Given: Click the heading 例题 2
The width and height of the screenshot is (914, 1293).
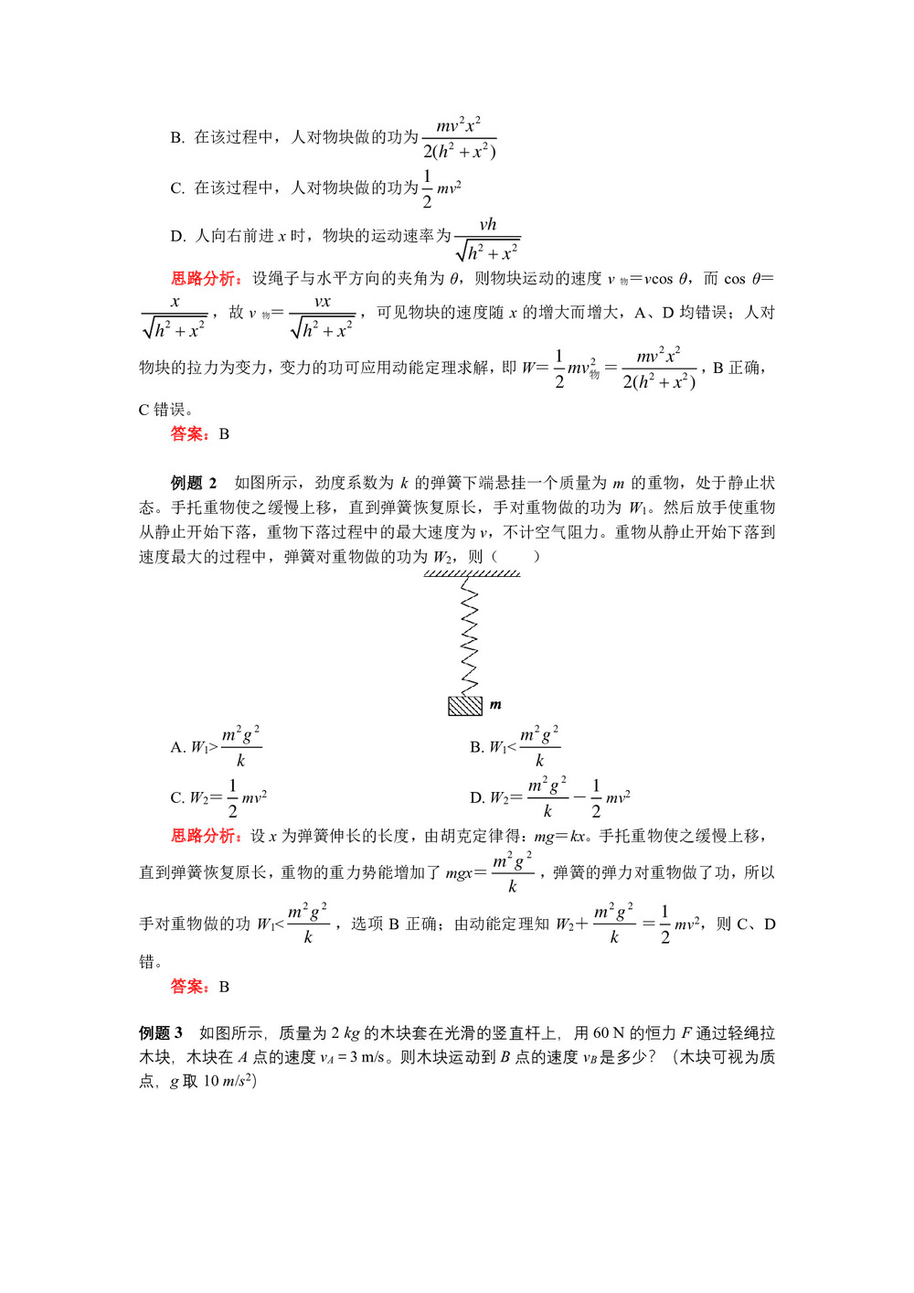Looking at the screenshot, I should (x=194, y=483).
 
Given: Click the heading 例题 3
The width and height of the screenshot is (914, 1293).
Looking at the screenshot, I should (x=161, y=1032).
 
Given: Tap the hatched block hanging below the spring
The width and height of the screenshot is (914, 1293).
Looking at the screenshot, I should (x=465, y=706).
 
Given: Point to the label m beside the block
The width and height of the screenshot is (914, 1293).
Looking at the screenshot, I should (x=495, y=705).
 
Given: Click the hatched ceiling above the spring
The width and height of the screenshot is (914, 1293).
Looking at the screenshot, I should (x=472, y=573).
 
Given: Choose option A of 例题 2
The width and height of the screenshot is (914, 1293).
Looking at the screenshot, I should (x=216, y=747).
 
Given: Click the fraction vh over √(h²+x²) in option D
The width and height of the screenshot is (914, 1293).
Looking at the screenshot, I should (x=488, y=239).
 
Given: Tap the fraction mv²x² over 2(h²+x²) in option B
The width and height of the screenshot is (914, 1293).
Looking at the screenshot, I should (x=460, y=138).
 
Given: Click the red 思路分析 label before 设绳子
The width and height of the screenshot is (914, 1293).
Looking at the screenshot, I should (x=207, y=279).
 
